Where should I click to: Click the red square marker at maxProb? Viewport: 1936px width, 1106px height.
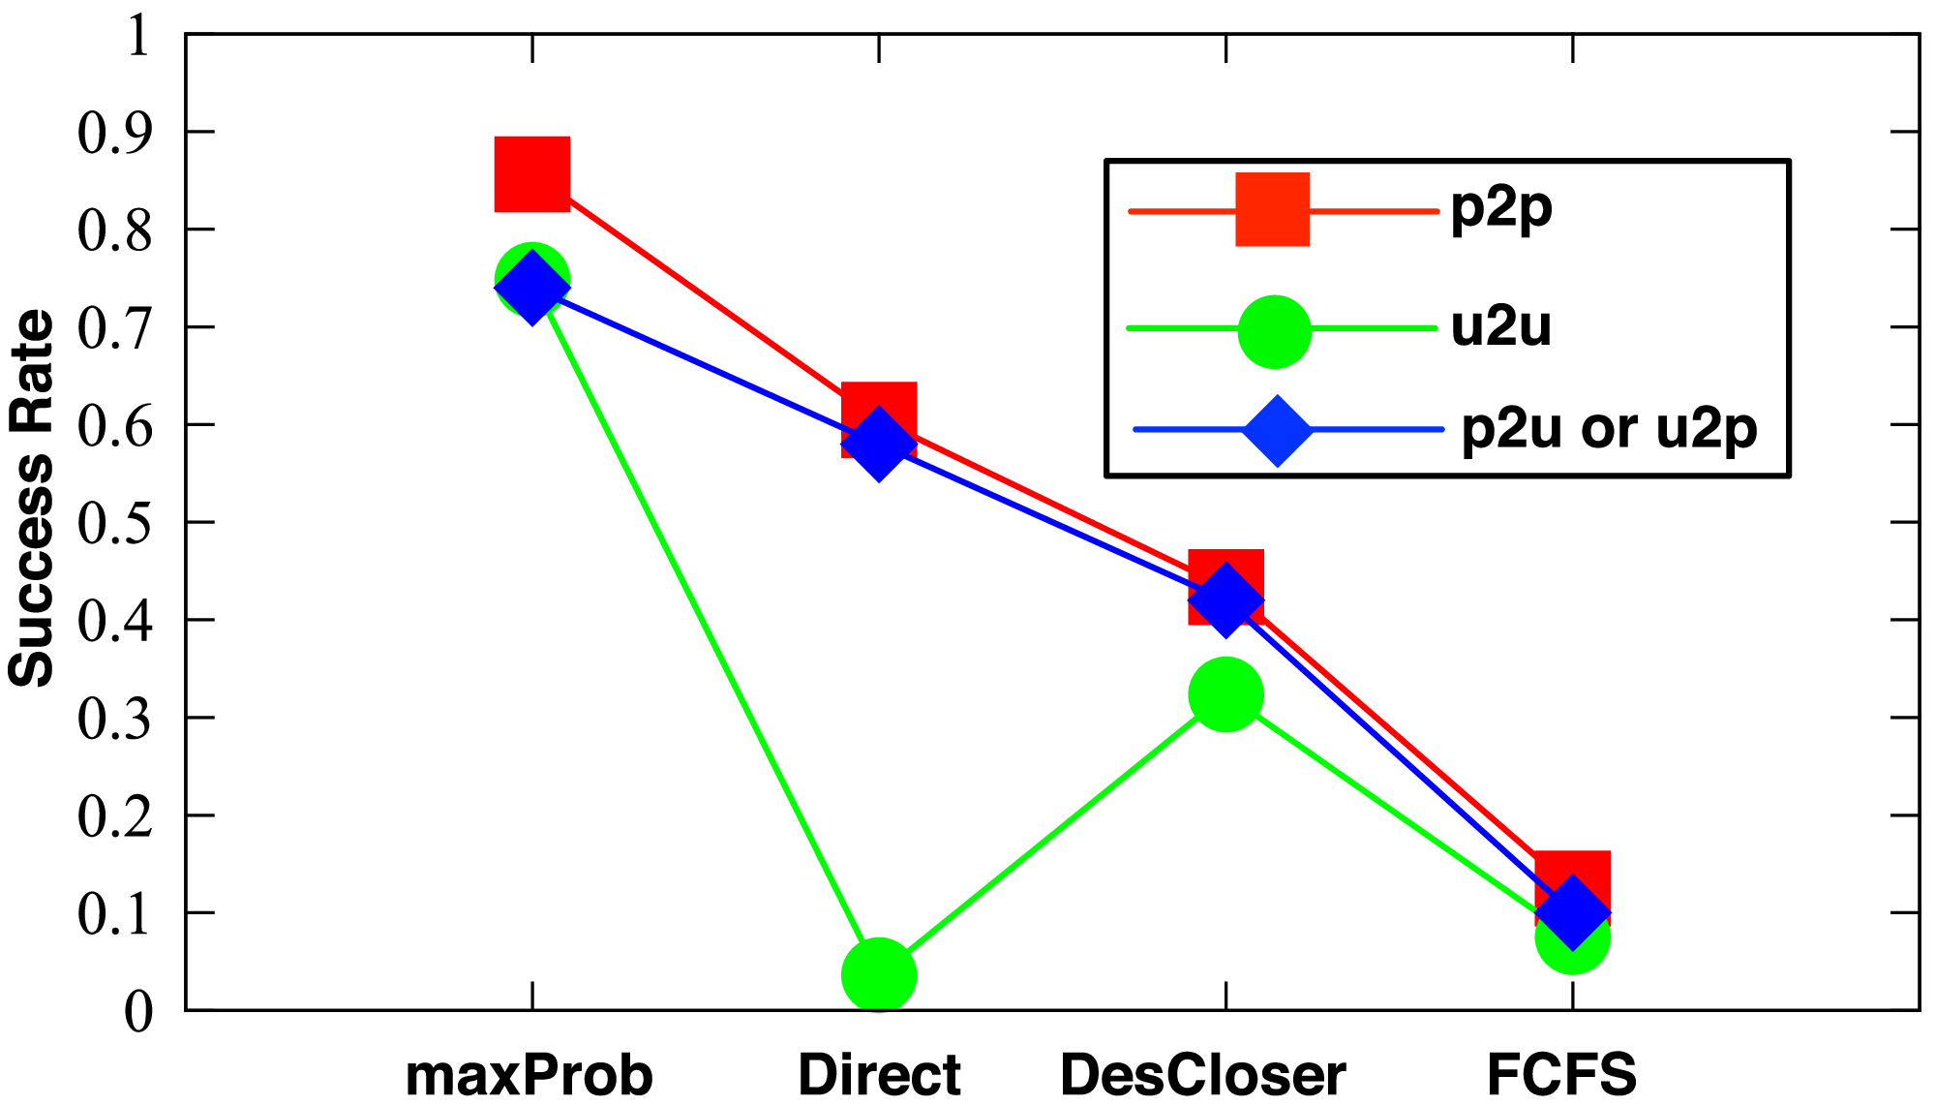(x=531, y=173)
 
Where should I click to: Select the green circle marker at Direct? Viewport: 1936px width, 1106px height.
(x=878, y=974)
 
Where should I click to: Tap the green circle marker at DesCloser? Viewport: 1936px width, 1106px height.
(x=1225, y=694)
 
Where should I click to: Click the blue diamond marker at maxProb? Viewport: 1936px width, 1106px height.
(x=531, y=288)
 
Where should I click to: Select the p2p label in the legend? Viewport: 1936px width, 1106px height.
(x=1501, y=208)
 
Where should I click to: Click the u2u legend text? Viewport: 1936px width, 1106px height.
(x=1500, y=327)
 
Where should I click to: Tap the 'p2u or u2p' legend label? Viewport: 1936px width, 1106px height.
(x=1609, y=428)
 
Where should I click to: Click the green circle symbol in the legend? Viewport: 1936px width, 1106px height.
(x=1274, y=331)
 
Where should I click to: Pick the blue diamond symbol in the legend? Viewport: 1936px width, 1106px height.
(x=1277, y=430)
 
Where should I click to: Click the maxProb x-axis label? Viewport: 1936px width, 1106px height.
(x=529, y=1075)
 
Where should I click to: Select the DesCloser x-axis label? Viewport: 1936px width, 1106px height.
(x=1202, y=1075)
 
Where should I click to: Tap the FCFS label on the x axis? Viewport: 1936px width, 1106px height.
(x=1561, y=1075)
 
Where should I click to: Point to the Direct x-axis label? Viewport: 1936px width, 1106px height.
(x=879, y=1075)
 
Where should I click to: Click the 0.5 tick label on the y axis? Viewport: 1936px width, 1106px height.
(x=114, y=523)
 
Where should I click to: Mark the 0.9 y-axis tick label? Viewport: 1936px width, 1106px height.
(x=114, y=133)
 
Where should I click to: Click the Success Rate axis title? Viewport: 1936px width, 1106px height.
(x=31, y=498)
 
